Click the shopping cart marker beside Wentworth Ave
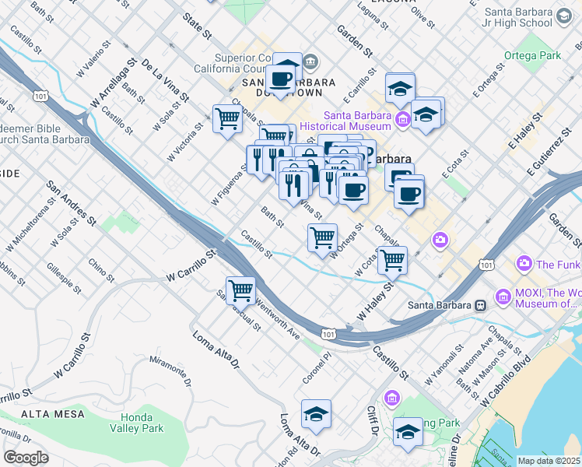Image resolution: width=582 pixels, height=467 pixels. point(241,290)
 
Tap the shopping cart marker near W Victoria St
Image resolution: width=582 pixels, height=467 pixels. point(226,119)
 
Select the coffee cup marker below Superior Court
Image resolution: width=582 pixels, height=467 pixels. point(280,78)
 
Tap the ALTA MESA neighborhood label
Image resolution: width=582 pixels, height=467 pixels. point(53,414)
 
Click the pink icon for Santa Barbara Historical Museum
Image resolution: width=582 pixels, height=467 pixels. point(401,119)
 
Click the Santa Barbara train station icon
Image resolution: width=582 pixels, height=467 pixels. point(481,304)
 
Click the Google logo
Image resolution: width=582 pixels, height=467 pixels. point(26,458)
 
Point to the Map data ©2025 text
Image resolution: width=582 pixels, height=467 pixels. point(549,461)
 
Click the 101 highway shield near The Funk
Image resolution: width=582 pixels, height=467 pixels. point(486,265)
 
